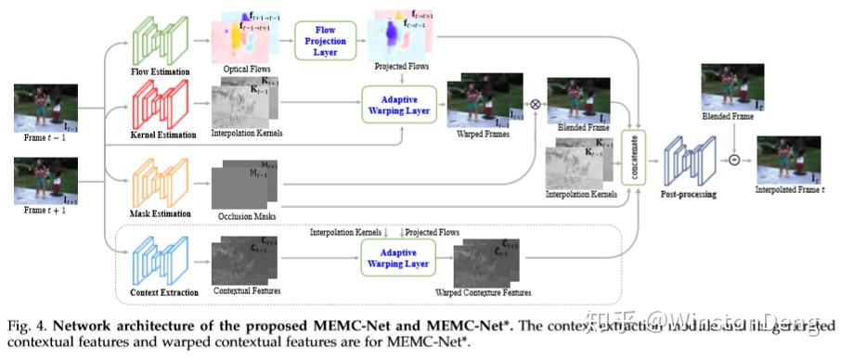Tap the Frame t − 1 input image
click(x=44, y=108)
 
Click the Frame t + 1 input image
click(x=44, y=183)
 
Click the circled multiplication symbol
click(x=535, y=103)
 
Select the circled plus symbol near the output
click(x=735, y=160)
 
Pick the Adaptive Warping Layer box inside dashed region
click(x=397, y=258)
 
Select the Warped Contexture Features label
click(x=483, y=292)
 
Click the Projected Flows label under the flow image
click(x=401, y=69)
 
